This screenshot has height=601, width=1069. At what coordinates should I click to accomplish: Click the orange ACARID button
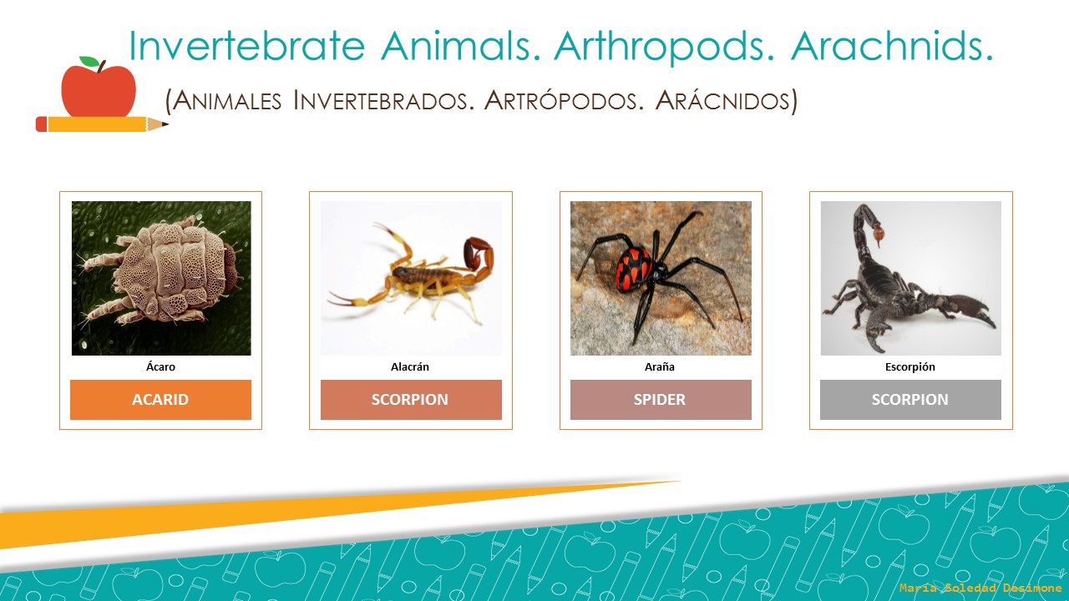(160, 399)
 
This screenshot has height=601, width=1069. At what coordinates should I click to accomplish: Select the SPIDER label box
(660, 399)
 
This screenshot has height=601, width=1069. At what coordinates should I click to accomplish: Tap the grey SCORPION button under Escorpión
(909, 399)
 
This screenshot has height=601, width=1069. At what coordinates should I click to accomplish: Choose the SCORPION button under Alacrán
(410, 399)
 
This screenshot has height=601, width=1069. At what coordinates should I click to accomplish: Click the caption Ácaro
(160, 366)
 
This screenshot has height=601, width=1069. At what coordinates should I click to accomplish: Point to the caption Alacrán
(410, 366)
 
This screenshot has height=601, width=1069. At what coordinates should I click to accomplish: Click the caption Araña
(660, 366)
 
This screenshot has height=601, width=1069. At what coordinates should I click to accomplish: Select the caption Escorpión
(909, 366)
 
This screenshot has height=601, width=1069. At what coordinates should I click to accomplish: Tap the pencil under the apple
(100, 124)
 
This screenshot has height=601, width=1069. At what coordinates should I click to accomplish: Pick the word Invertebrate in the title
(247, 46)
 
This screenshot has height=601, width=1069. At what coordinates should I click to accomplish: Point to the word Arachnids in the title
(892, 46)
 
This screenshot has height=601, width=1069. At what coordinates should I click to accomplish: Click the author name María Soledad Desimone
(980, 588)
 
